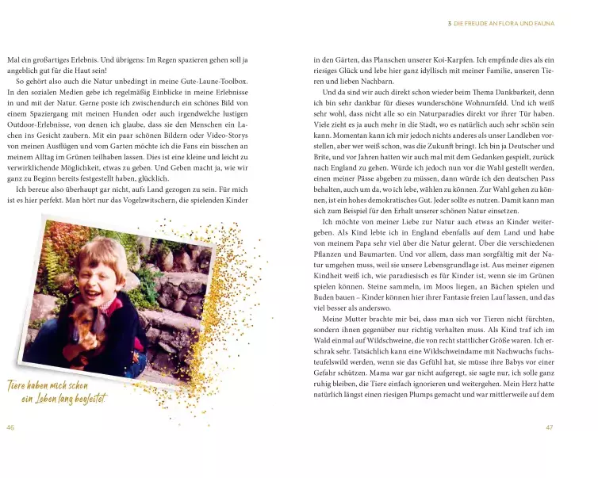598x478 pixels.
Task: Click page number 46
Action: (x=11, y=428)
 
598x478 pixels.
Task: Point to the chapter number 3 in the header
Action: (x=450, y=24)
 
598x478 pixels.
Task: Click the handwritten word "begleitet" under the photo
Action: (x=84, y=397)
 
